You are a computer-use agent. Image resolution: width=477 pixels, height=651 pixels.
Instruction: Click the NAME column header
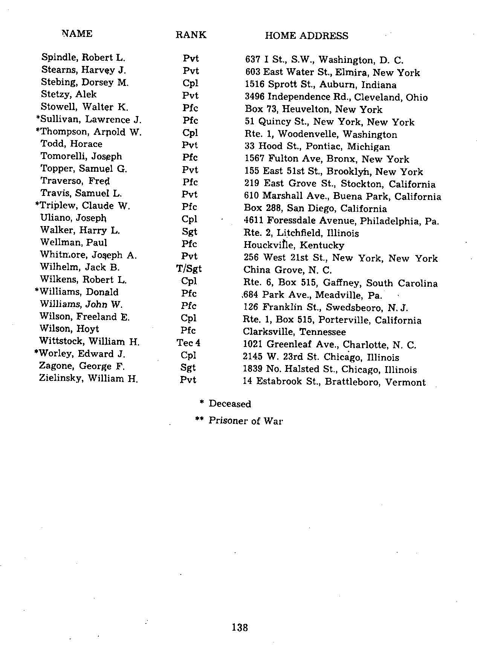click(77, 34)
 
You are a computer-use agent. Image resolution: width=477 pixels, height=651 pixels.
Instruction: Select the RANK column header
click(191, 35)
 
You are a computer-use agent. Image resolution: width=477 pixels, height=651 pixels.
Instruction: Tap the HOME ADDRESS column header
click(306, 36)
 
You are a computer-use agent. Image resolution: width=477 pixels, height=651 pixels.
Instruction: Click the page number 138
click(240, 627)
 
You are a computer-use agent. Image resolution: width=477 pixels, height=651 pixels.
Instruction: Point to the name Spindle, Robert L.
click(83, 58)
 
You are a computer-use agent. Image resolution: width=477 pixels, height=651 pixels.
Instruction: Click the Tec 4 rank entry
click(188, 343)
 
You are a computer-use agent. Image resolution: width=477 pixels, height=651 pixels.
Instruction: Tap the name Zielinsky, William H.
click(88, 378)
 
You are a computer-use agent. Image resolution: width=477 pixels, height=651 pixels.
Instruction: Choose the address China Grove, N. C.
click(287, 270)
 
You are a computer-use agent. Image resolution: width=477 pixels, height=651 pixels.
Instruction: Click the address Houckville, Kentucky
click(294, 245)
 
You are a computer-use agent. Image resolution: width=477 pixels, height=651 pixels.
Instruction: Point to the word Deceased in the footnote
click(230, 404)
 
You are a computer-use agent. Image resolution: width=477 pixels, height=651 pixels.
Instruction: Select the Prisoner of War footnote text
click(246, 421)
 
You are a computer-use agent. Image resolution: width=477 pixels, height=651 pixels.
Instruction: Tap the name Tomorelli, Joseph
click(81, 156)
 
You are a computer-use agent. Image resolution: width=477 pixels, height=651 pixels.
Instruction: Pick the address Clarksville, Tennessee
click(294, 332)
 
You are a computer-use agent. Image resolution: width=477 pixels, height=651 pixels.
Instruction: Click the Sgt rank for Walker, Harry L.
click(189, 232)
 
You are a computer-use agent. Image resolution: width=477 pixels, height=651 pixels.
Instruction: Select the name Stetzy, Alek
click(69, 94)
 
